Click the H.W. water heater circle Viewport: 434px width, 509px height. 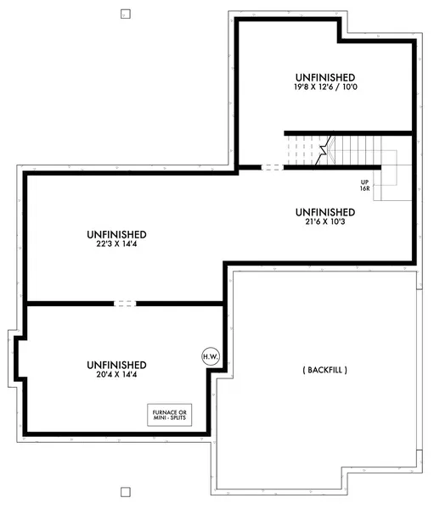pos(210,356)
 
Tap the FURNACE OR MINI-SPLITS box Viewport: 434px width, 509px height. pos(171,415)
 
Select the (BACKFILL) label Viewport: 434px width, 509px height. pos(324,370)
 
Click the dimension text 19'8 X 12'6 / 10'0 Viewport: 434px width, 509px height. pos(325,87)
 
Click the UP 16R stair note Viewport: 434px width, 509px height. pos(364,184)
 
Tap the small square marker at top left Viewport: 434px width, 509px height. pos(126,14)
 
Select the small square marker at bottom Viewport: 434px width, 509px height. pos(126,491)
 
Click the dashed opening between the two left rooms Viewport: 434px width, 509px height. pos(125,303)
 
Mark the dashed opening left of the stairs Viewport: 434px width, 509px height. pos(271,167)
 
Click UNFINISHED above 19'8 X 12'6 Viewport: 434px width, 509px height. pos(325,76)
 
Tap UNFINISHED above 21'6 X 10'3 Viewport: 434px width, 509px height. pos(325,211)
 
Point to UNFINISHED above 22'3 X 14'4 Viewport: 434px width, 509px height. pos(116,234)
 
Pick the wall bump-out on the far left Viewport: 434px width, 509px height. pos(14,355)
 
